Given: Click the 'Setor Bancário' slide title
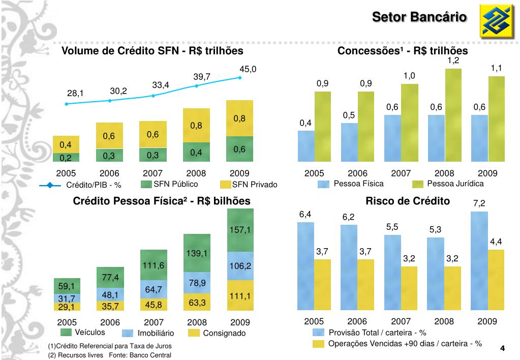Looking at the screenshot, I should (x=419, y=17).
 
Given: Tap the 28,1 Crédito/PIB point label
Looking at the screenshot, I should (x=75, y=93).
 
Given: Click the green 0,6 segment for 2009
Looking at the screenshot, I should (x=239, y=149).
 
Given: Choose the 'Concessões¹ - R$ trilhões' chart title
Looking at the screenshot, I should (x=403, y=51).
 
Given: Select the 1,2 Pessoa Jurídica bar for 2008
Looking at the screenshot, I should (x=453, y=114).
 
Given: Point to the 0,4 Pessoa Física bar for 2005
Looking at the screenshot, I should (x=306, y=145).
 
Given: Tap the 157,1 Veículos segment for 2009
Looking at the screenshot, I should (x=240, y=230).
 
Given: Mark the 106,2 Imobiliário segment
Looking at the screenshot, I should (x=240, y=266).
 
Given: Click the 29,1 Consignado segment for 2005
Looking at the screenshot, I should (x=66, y=307).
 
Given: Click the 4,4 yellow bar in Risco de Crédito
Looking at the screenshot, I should (x=496, y=280).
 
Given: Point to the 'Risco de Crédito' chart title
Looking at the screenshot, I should (x=408, y=201).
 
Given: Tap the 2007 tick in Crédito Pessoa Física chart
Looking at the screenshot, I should (x=154, y=322).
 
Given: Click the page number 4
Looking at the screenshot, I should (x=502, y=348).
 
